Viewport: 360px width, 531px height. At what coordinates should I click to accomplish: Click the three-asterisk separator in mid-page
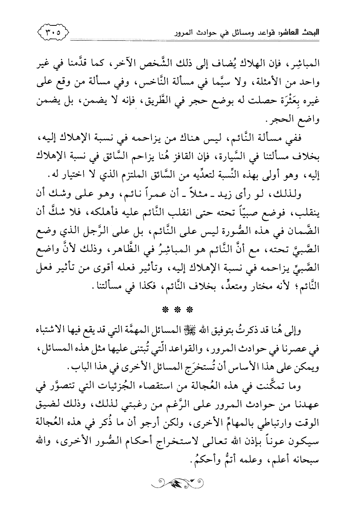click(180, 299)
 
